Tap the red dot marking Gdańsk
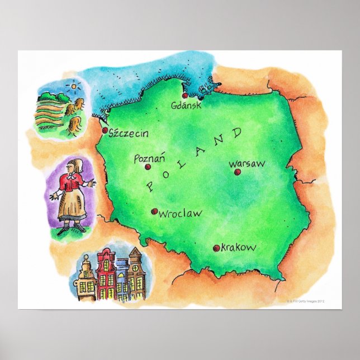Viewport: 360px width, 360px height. (x=185, y=96)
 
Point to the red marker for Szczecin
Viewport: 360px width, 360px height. (x=105, y=130)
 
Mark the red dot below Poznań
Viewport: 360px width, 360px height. (x=148, y=167)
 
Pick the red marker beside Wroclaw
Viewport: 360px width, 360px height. (x=154, y=211)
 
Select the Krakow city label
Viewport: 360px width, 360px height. (x=239, y=247)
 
